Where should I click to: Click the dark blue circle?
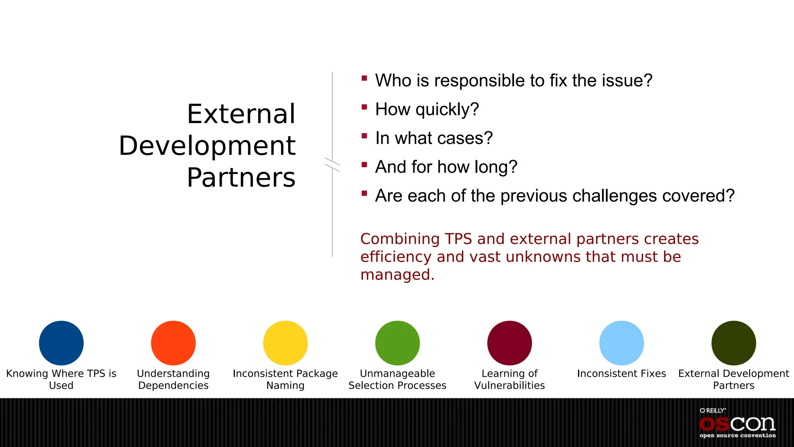pyautogui.click(x=61, y=343)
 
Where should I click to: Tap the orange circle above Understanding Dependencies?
pyautogui.click(x=173, y=343)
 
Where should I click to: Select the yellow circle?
pyautogui.click(x=285, y=343)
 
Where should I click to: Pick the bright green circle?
pyautogui.click(x=397, y=343)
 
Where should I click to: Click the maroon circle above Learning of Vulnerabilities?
pyautogui.click(x=509, y=343)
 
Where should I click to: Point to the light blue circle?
pyautogui.click(x=621, y=343)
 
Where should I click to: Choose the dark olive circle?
pyautogui.click(x=734, y=343)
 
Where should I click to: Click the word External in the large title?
pyautogui.click(x=241, y=114)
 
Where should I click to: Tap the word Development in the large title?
pyautogui.click(x=207, y=146)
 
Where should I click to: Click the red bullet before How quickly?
pyautogui.click(x=364, y=107)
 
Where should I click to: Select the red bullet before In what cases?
pyautogui.click(x=364, y=136)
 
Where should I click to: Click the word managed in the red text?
pyautogui.click(x=397, y=275)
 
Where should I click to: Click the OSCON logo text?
pyautogui.click(x=737, y=424)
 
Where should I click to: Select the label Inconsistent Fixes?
pyautogui.click(x=621, y=373)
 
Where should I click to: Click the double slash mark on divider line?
pyautogui.click(x=332, y=165)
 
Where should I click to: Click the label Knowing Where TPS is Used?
pyautogui.click(x=61, y=379)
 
